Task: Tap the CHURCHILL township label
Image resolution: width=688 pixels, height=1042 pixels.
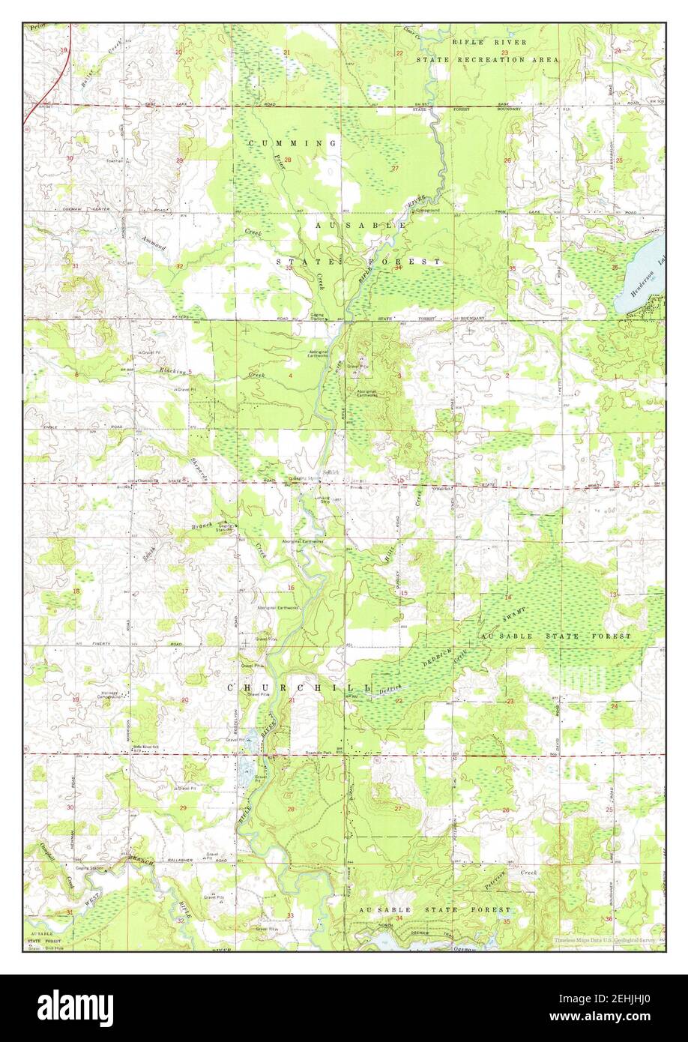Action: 299,687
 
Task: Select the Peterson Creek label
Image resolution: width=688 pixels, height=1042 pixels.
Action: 492,882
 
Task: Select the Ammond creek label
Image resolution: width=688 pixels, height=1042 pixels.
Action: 154,242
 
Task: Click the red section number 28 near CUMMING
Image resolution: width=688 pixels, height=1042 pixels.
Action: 287,159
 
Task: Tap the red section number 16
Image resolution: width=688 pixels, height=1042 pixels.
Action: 291,587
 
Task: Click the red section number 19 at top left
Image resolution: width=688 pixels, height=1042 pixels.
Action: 64,50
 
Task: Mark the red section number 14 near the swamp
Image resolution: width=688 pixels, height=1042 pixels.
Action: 507,597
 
